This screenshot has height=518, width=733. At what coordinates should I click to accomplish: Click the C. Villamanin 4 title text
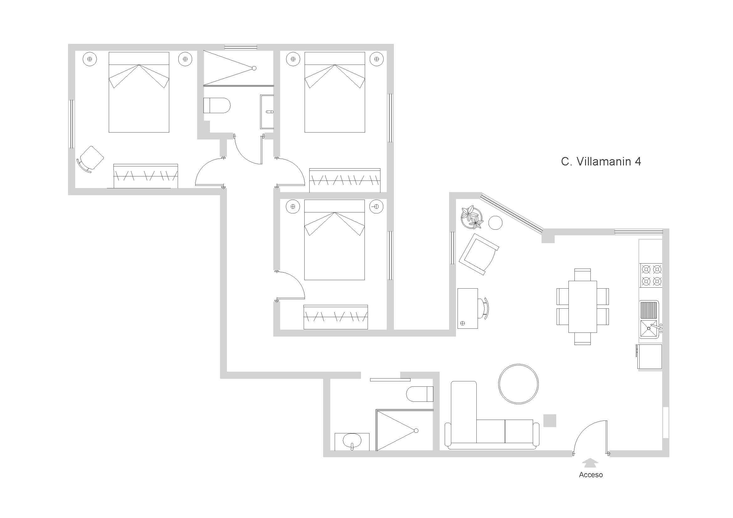point(600,161)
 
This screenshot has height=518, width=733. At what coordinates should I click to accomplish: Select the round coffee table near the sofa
point(518,384)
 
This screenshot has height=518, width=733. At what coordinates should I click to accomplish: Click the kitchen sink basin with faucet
point(649,329)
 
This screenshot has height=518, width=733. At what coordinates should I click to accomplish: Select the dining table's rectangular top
point(582,307)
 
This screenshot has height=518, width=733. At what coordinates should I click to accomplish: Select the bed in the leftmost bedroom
point(139,92)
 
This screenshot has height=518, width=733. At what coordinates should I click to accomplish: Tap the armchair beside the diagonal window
point(479,254)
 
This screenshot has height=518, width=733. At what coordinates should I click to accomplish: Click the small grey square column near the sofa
point(550,420)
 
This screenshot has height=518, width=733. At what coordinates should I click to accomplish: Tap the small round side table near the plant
point(495,222)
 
